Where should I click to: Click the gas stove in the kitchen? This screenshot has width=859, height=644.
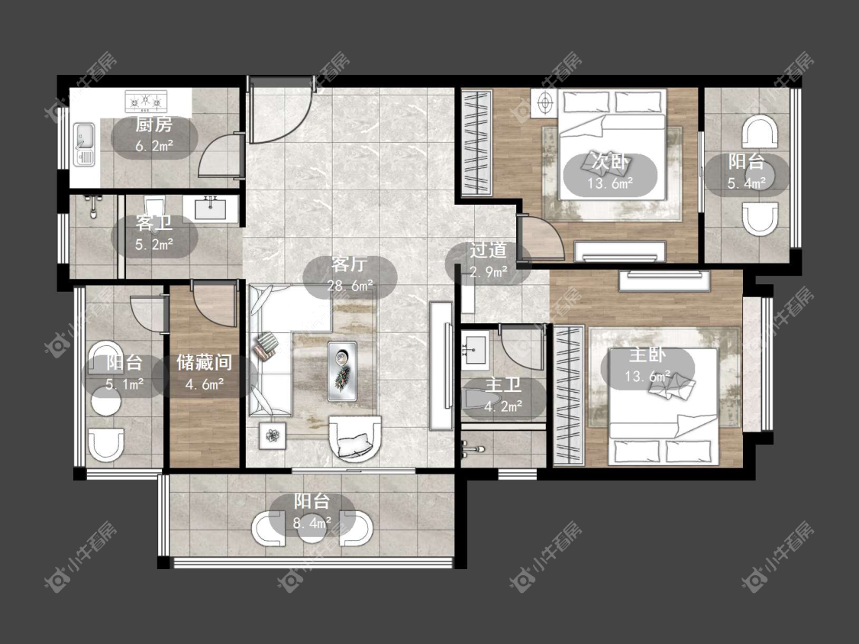[x=146, y=101]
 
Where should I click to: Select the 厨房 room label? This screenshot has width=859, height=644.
[x=154, y=125]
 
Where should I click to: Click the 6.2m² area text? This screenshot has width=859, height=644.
[x=154, y=146]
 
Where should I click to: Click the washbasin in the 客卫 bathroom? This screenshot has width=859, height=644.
[x=211, y=209]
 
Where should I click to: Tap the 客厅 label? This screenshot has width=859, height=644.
[x=349, y=265]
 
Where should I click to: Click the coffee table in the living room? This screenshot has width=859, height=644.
[x=342, y=371]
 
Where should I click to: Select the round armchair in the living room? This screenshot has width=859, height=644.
[x=354, y=437]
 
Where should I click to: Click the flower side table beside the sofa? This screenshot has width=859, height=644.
[x=273, y=436]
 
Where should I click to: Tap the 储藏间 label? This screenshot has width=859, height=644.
[x=205, y=362]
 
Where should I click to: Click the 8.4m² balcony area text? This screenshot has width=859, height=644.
[x=312, y=523]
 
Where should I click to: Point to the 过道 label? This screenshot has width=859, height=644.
[x=488, y=251]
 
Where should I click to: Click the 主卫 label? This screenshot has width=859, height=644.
[x=503, y=385]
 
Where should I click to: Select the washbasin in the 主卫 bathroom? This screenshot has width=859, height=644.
[x=474, y=349]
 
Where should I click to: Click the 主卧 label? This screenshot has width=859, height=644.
[x=647, y=355]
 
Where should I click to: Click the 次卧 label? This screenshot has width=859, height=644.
[x=610, y=162]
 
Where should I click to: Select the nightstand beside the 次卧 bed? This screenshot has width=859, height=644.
[x=544, y=103]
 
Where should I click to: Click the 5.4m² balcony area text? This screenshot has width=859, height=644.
[x=746, y=183]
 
